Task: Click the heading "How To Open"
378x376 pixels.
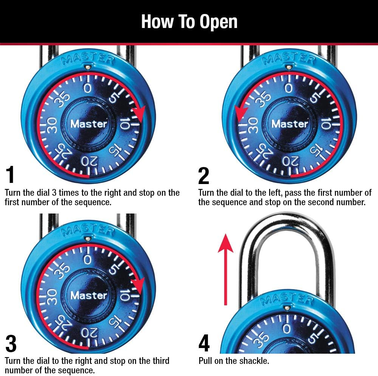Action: coord(189,22)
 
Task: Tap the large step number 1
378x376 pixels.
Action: coord(11,175)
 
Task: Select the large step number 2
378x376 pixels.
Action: coord(204,175)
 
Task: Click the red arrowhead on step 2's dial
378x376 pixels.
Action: coord(241,114)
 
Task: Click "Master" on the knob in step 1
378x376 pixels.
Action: coord(89,124)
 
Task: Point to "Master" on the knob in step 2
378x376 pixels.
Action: coord(290,124)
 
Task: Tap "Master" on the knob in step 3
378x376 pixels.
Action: coord(89,295)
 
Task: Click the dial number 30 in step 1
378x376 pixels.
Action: coord(52,125)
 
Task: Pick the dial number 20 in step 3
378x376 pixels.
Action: coord(90,333)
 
